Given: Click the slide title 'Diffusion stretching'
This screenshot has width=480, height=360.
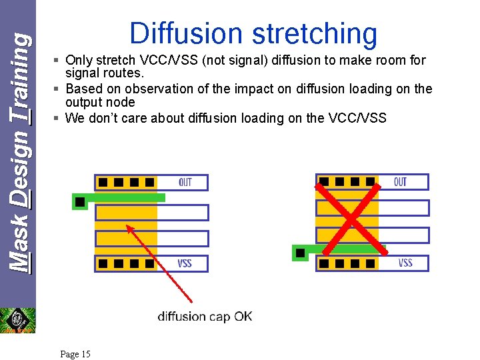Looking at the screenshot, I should [253, 33].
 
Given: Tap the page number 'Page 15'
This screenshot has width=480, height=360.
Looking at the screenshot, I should [75, 354].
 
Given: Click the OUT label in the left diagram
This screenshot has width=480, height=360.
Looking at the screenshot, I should [185, 182].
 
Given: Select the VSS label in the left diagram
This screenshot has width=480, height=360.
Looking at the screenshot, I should [185, 263].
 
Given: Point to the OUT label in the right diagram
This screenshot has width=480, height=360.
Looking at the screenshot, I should [400, 181].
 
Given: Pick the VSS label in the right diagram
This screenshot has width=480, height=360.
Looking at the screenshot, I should [405, 263].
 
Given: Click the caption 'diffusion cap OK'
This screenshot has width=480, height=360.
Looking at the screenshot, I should [205, 316].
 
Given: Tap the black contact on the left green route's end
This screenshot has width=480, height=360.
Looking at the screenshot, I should [80, 201].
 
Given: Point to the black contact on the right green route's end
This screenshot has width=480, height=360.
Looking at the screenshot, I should [300, 253].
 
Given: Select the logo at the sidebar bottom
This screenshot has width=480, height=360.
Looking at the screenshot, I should [17, 319].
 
